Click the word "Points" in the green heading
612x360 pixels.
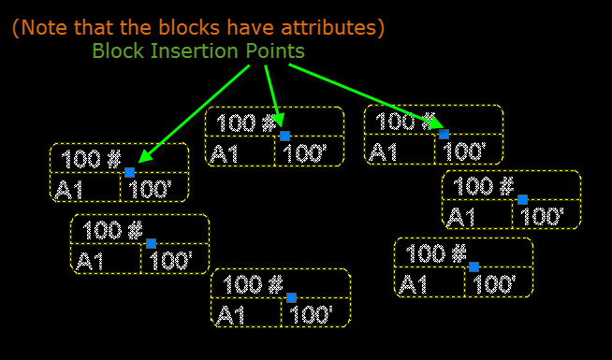click(x=270, y=50)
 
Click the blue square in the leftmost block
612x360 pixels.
click(x=129, y=173)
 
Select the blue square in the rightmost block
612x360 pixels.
click(x=522, y=199)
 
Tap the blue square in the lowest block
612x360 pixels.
click(x=291, y=297)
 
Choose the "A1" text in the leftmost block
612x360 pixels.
click(x=69, y=191)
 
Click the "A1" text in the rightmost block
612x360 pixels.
click(x=462, y=217)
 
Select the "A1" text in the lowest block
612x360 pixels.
click(x=230, y=315)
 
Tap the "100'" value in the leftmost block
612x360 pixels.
click(x=150, y=191)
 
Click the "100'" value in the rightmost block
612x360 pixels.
click(x=543, y=217)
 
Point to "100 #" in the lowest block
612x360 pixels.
click(x=254, y=284)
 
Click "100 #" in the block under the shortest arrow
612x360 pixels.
click(x=246, y=122)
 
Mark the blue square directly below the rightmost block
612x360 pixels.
click(x=474, y=266)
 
